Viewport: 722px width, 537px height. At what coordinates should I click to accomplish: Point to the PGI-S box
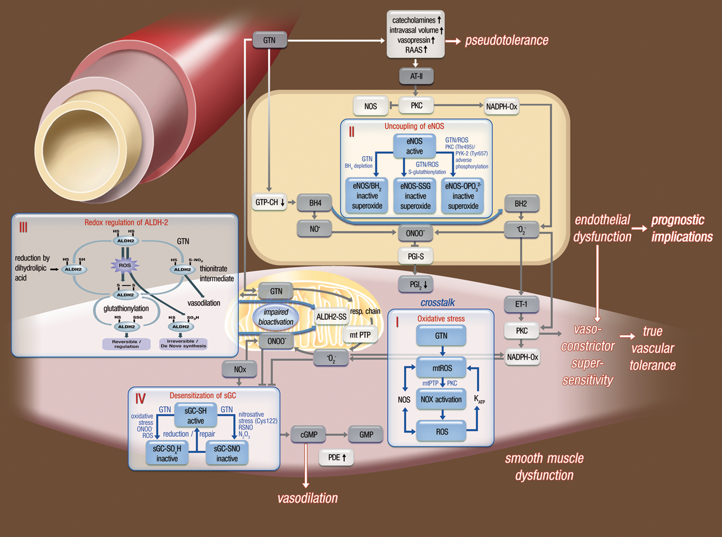coord(415,256)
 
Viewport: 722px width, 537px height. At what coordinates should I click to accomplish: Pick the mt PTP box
coord(360,335)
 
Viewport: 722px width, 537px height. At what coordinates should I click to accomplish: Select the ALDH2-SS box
coord(331,316)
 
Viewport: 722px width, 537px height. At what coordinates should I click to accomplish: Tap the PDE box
coord(336,457)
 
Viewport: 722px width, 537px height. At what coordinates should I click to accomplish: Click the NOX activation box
coord(441,399)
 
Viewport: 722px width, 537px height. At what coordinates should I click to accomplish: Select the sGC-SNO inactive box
coord(227,453)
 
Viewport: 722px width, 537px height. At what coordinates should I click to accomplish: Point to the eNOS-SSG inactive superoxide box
coord(415,196)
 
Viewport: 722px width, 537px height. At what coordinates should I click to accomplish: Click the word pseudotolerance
coord(507,40)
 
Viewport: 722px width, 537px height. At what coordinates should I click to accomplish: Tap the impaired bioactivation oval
coord(276,317)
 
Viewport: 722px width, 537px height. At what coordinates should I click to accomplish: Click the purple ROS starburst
coord(125,265)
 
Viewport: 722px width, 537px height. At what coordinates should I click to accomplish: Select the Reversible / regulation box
coord(126,344)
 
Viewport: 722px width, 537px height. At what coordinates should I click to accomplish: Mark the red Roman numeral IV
coord(140,399)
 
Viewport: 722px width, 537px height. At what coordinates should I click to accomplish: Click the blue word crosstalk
coord(438,303)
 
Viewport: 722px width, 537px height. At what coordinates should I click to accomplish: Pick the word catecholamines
coord(413,20)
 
